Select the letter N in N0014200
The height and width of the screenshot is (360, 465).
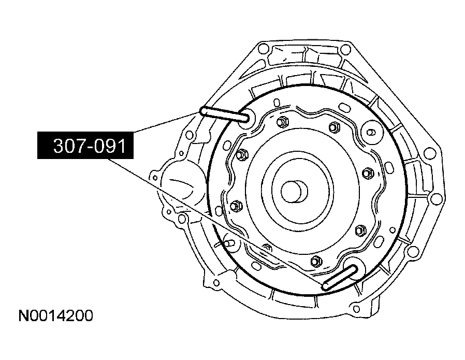coord(22,316)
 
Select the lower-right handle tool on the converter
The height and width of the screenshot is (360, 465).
coord(341,277)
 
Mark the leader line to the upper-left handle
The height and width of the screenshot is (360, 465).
coord(166,122)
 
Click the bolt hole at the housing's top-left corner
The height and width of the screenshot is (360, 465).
coord(263,50)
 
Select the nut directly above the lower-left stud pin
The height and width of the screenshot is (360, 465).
coord(234,206)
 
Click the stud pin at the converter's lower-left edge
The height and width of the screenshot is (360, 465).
coord(228,242)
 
